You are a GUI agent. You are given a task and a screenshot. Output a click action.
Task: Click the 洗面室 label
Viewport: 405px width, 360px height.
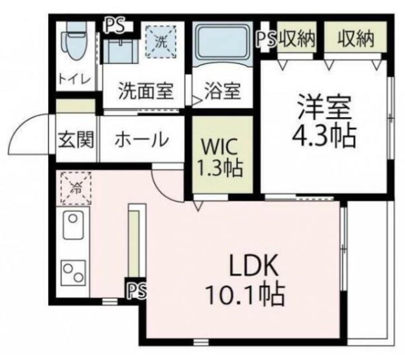[145, 91]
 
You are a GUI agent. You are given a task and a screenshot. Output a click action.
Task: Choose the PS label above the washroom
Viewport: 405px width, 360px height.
[117, 25]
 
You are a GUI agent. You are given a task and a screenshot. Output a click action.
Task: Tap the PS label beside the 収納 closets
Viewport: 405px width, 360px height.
[267, 39]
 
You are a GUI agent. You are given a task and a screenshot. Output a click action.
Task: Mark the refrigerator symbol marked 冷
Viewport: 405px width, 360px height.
[75, 188]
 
